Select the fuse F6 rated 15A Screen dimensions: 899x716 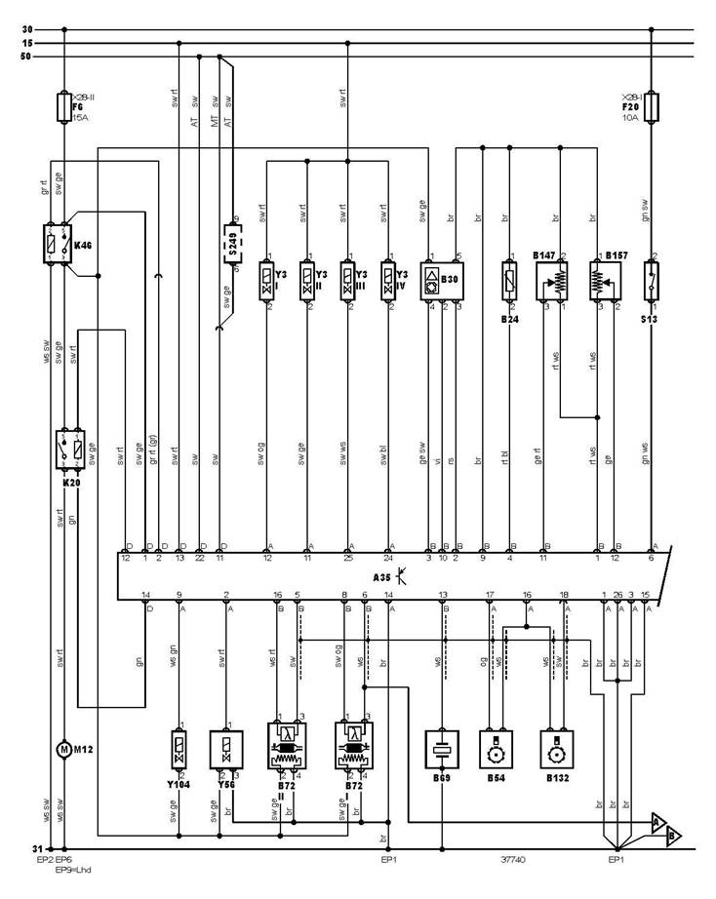63,106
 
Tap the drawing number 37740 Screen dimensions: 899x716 511,862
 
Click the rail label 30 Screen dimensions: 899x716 26,29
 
